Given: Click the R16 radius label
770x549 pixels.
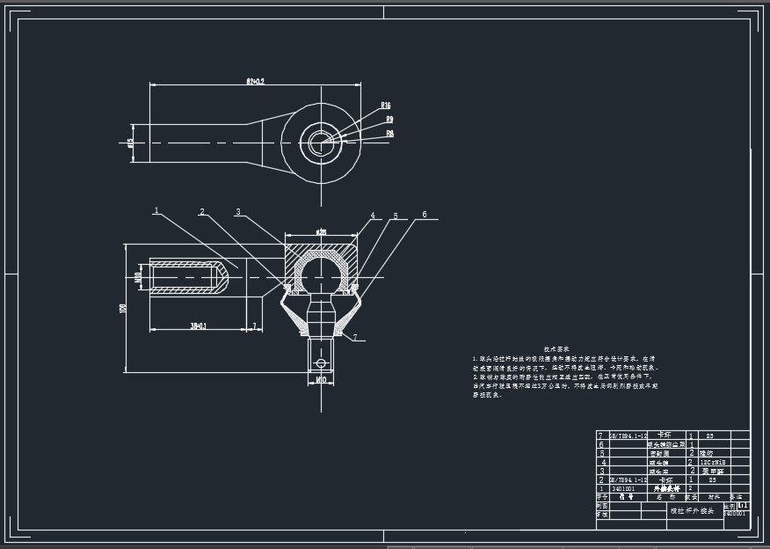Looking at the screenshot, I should (386, 106).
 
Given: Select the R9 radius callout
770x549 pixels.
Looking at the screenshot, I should (389, 119).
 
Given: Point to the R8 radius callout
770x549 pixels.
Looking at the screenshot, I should (389, 134).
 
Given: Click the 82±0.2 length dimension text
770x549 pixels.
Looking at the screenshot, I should (255, 81).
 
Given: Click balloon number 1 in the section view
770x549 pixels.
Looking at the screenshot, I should (156, 210).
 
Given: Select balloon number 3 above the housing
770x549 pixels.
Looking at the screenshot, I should (237, 211).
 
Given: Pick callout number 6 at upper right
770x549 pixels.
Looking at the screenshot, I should (425, 214).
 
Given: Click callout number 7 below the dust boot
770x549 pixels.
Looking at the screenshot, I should (353, 337).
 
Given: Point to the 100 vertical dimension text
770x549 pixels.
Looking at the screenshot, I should (123, 307).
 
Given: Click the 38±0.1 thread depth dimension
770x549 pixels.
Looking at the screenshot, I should (200, 326).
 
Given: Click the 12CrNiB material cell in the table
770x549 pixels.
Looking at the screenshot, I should (712, 461).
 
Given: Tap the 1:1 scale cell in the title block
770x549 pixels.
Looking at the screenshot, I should (743, 506).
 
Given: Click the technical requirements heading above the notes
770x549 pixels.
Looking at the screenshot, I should (557, 349).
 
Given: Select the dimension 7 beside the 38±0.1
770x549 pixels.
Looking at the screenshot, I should (254, 326).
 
